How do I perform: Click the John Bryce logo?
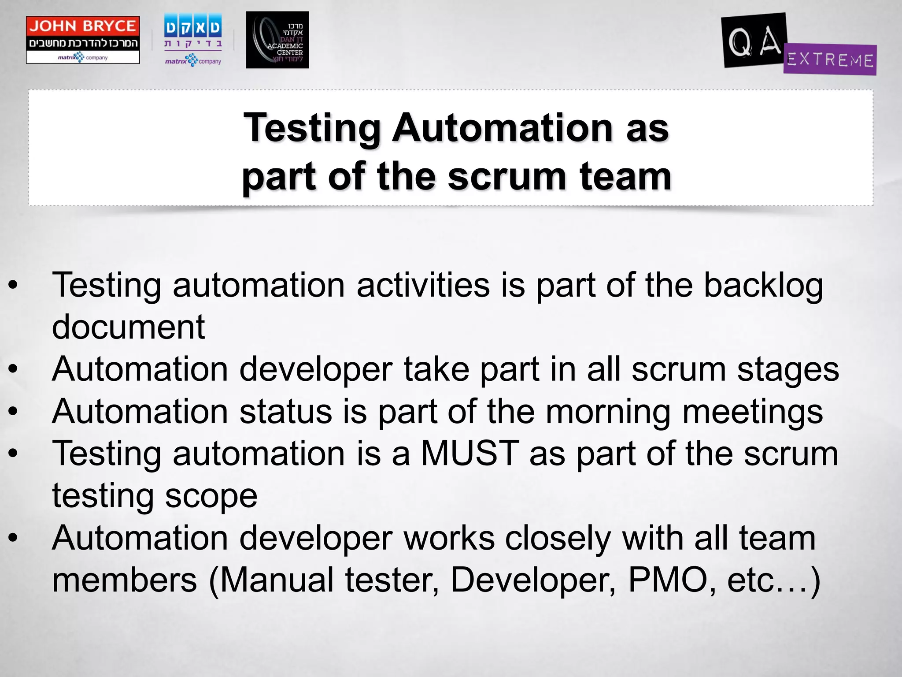(x=83, y=40)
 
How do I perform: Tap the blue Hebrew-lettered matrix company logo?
(x=193, y=40)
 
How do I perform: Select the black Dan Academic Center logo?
(x=277, y=40)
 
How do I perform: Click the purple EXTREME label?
(x=830, y=60)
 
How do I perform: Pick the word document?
(x=128, y=327)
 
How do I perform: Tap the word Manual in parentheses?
(x=277, y=580)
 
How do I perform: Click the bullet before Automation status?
(x=13, y=412)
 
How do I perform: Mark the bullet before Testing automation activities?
(x=13, y=286)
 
